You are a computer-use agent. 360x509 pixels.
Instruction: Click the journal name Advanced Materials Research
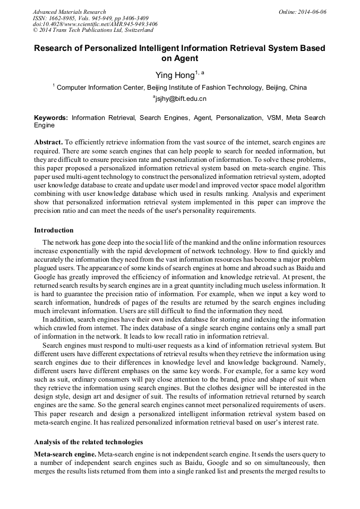(69, 11)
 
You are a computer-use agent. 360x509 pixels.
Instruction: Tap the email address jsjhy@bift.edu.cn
(180, 99)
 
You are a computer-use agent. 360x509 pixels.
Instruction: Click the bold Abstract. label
(48, 143)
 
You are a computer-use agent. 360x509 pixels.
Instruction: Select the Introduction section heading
(54, 230)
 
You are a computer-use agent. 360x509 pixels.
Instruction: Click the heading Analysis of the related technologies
(89, 442)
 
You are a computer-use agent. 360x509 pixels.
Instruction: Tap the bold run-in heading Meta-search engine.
(65, 454)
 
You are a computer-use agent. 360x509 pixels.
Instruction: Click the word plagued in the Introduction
(47, 268)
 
